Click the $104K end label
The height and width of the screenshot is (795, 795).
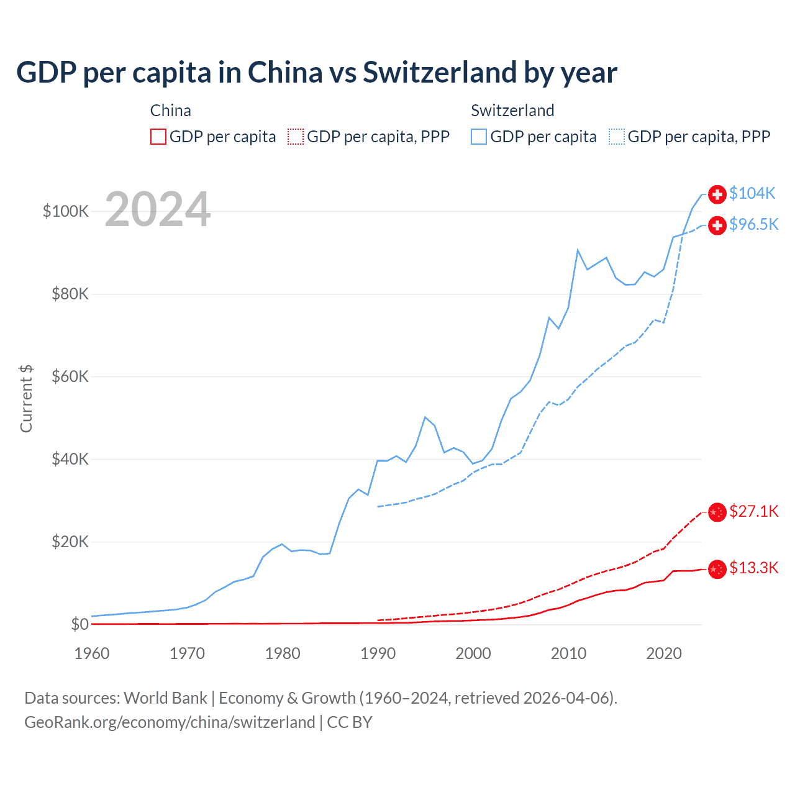(752, 194)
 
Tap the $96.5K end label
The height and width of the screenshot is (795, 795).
(753, 224)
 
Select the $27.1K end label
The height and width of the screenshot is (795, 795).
(753, 511)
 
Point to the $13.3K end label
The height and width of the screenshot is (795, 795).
(753, 568)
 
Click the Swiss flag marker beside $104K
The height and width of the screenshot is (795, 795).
(717, 194)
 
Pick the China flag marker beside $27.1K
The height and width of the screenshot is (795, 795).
(717, 512)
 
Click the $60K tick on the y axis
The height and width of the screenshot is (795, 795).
(70, 376)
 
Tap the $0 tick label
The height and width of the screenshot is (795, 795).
(79, 624)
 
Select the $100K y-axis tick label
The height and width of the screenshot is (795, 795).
(66, 211)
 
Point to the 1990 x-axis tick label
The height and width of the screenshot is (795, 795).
(378, 653)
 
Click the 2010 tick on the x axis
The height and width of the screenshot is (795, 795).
(568, 653)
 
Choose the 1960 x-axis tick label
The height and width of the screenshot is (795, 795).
(92, 653)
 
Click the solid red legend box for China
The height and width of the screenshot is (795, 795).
(158, 137)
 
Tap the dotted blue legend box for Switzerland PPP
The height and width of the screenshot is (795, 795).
(617, 137)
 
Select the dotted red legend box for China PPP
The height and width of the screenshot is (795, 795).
(296, 137)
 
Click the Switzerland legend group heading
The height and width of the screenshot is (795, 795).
(512, 111)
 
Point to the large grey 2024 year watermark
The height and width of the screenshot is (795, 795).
(158, 209)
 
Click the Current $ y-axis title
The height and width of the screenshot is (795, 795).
(26, 399)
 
